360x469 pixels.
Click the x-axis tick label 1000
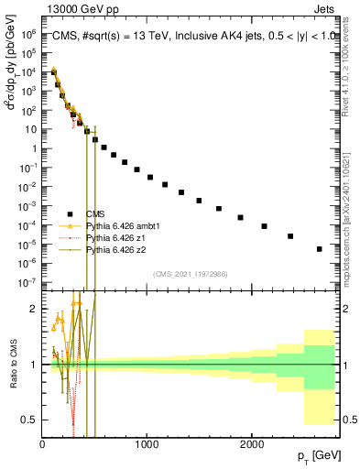147,443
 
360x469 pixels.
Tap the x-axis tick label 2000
252,443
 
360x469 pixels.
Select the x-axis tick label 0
42,443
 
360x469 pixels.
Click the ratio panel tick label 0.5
30,420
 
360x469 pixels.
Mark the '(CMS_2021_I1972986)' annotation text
190,274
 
